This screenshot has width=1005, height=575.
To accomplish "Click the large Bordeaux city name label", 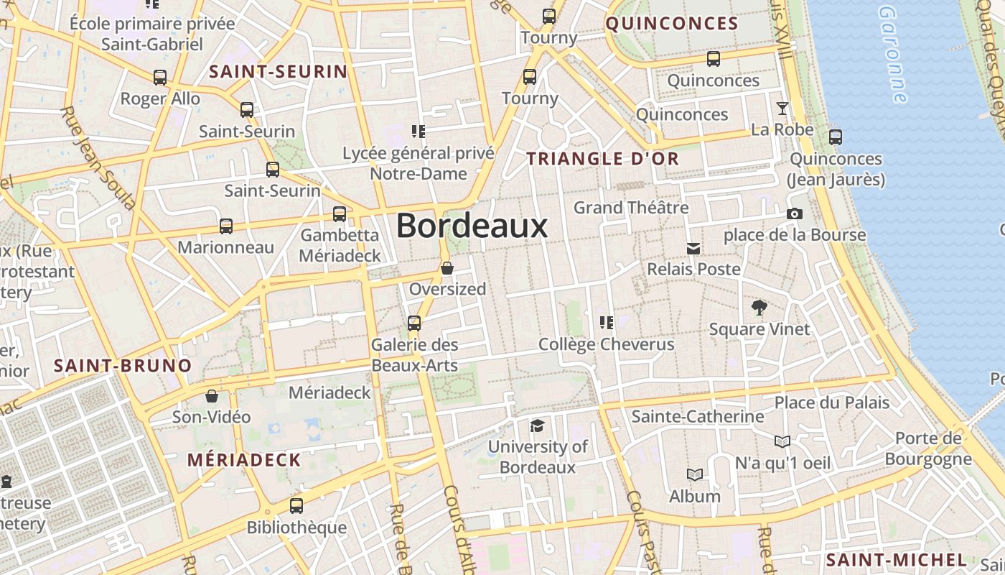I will point(472,226).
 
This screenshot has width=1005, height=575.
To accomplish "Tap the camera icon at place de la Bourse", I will point(794,213).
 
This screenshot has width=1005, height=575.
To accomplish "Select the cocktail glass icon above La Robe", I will point(782,109).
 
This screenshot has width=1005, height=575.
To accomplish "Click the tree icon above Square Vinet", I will point(759,308).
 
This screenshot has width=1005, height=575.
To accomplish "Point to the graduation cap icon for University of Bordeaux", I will point(537,425).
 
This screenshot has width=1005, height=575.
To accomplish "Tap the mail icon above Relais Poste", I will point(693,248).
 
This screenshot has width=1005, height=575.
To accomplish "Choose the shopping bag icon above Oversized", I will point(447,268).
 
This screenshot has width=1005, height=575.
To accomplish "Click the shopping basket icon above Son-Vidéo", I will point(212,396).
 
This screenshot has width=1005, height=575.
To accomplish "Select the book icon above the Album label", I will point(694,475).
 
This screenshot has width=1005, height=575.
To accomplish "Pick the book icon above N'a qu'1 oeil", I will point(782,441).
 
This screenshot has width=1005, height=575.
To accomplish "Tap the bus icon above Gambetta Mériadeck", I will point(340,214).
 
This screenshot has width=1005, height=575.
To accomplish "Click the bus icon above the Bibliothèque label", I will point(296,506).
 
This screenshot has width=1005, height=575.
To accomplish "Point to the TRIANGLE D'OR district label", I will point(603,160).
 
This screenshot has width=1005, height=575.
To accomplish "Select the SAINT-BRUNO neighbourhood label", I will point(123,366).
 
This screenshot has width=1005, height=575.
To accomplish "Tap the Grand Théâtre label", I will point(631,208).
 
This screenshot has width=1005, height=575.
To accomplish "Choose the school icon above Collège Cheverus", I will point(607,323).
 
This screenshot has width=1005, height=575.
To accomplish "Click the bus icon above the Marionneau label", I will point(226,226).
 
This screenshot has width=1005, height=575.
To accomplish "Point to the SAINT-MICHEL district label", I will point(896,560).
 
